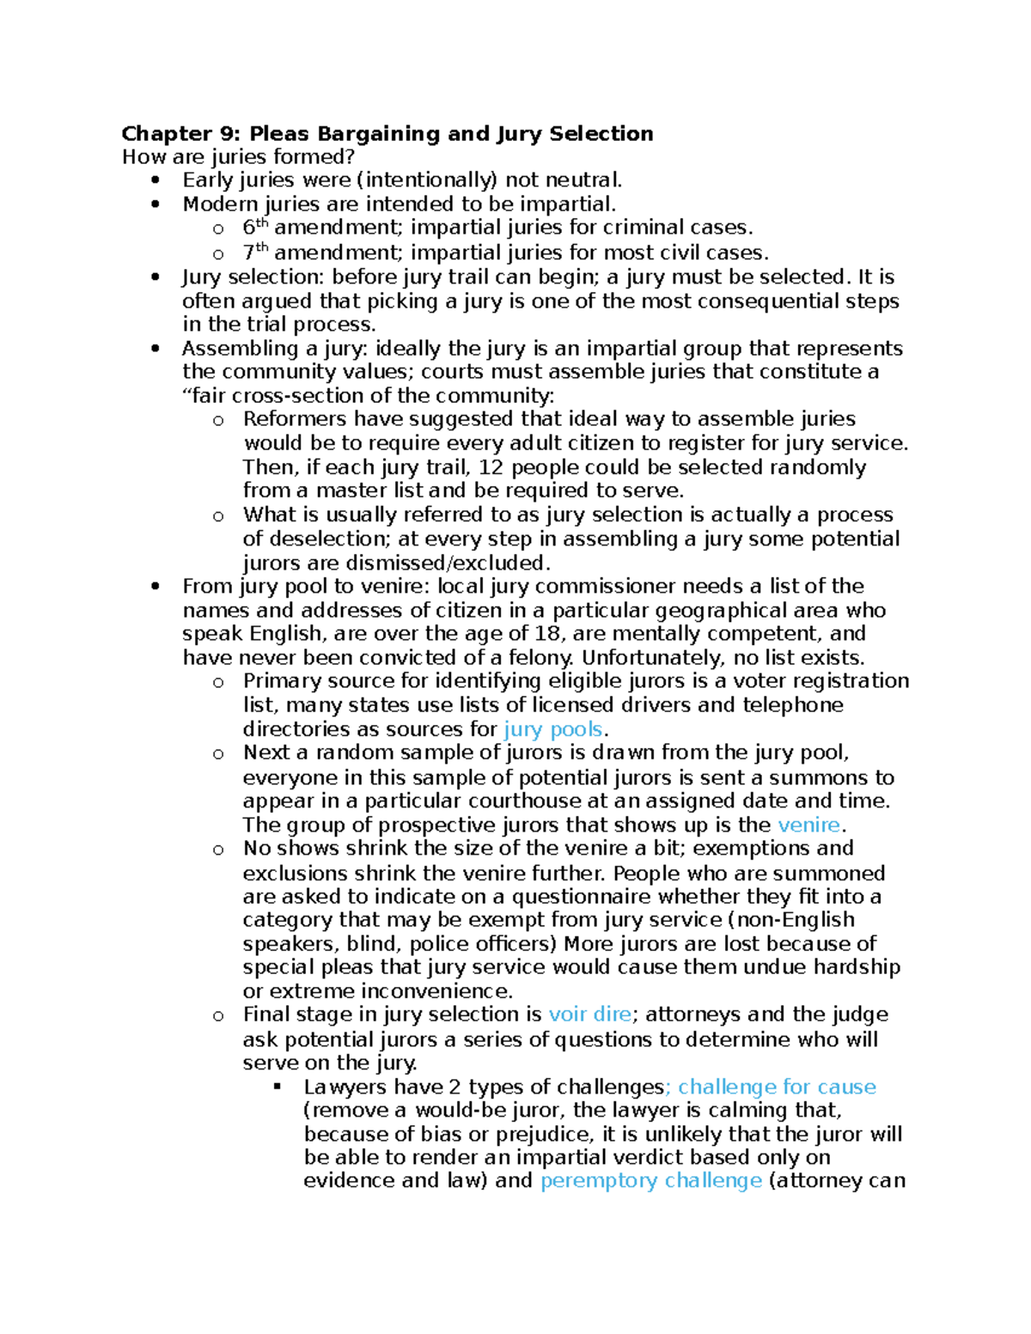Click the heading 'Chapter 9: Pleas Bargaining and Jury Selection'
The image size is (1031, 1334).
[x=387, y=134]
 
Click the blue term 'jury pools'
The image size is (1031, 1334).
[x=552, y=729]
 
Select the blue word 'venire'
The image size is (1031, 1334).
[x=808, y=825]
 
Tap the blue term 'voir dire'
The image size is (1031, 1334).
[x=589, y=1014]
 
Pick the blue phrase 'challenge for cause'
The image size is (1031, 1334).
[x=777, y=1087]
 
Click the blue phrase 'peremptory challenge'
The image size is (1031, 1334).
[x=650, y=1180]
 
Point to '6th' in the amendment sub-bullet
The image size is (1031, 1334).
[x=255, y=228]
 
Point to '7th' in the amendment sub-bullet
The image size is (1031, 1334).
[x=255, y=253]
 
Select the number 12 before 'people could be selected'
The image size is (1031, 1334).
[x=491, y=467]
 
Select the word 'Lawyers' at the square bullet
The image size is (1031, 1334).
[x=340, y=1087]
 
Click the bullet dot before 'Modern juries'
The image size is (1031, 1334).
[x=155, y=204]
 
